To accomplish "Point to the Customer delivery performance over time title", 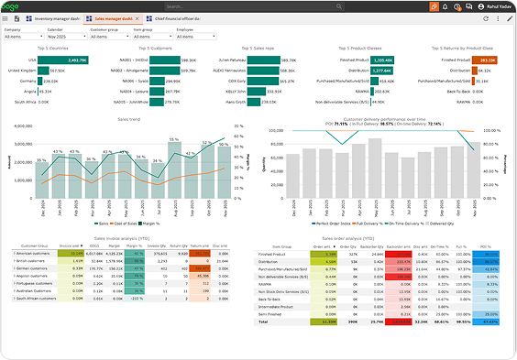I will click(x=385, y=118).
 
